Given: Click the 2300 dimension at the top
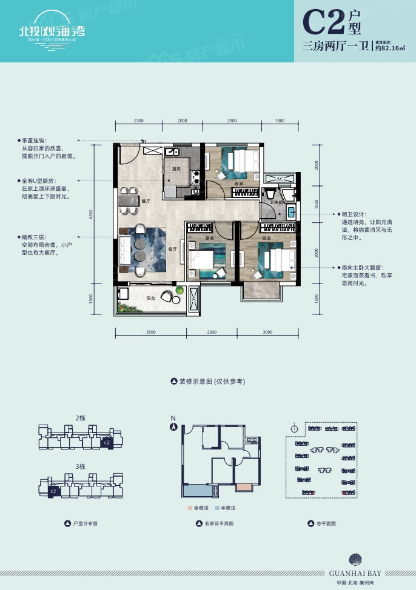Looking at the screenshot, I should click(x=138, y=121).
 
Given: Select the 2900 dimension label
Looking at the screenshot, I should click(x=232, y=121).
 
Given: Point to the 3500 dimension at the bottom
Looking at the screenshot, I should click(x=151, y=333).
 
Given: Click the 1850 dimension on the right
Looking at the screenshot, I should click(x=315, y=204).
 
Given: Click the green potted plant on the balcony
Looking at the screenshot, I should click(x=179, y=292).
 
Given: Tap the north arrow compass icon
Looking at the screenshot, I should click(x=174, y=426).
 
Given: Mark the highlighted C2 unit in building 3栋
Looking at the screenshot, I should click(x=53, y=491).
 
